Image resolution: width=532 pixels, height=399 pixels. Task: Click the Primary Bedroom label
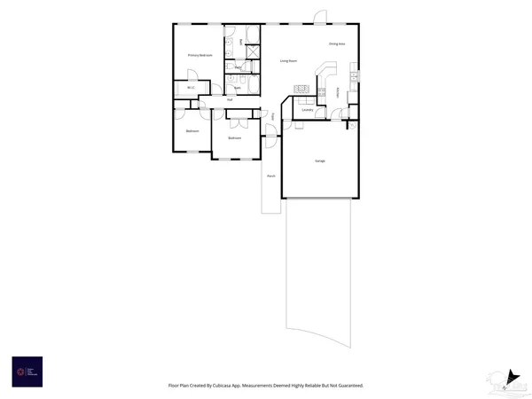tap(199, 55)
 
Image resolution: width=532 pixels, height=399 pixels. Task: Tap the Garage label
tap(319, 160)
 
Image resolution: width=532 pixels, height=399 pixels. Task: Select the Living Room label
tap(288, 60)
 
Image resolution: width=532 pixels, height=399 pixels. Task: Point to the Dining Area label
tap(337, 43)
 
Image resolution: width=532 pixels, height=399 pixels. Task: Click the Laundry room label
tap(308, 110)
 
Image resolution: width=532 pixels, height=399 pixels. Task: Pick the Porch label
tap(270, 176)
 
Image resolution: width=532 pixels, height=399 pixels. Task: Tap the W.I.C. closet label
tap(191, 89)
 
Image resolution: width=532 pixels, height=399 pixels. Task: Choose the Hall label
tap(230, 99)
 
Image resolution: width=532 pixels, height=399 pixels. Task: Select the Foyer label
tap(272, 116)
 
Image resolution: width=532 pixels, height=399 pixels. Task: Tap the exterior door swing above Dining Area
tap(319, 16)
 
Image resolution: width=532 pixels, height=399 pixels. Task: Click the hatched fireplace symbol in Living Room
tap(299, 87)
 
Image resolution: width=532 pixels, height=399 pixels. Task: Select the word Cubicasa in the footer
tap(234, 386)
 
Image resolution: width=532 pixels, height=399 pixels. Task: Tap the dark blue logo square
tap(27, 371)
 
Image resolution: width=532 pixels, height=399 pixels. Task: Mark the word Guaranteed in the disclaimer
tap(348, 386)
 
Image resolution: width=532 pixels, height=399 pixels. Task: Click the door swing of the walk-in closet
tap(215, 87)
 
